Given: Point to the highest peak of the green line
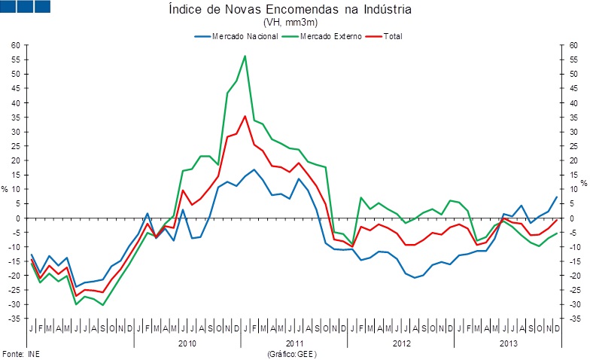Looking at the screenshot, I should coord(245,56).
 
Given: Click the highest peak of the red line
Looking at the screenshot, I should coord(245,116).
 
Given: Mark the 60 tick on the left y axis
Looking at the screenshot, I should coord(15,45).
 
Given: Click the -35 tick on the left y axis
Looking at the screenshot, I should coord(14,319).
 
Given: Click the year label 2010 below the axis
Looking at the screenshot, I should coord(187,343).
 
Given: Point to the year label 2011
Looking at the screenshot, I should coord(294,343).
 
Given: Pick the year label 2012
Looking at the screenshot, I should coord(400,343).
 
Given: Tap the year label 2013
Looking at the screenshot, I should coord(507,343).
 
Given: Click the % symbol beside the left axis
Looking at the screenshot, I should coord(5,190).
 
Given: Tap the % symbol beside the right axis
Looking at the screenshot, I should coord(583,183).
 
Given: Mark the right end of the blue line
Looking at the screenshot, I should coord(556,197).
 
